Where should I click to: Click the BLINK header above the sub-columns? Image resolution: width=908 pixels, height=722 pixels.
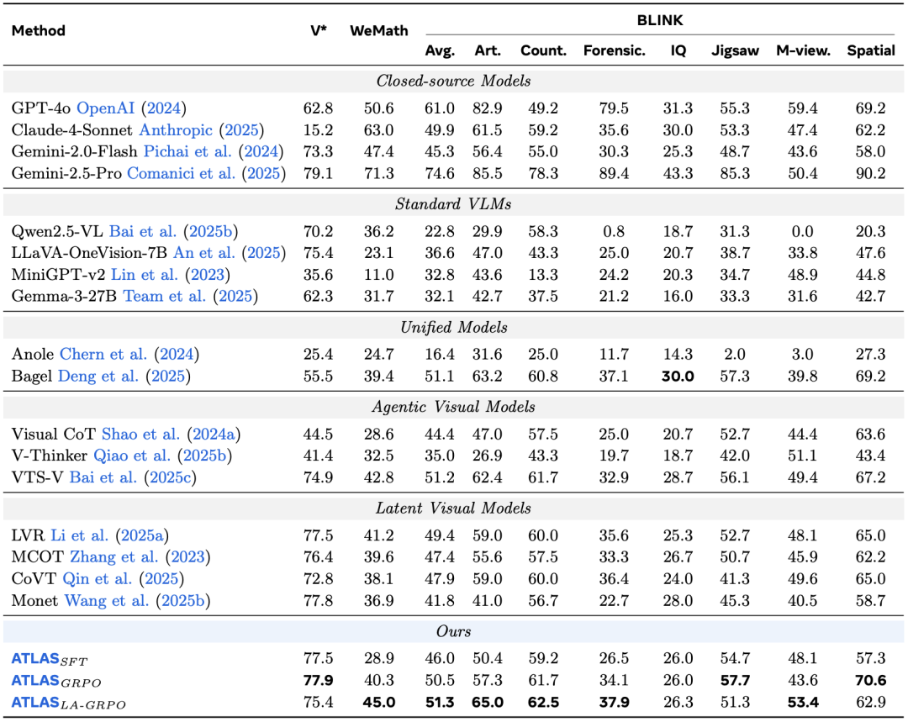coord(660,20)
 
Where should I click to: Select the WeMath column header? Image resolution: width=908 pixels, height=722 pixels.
coord(378,31)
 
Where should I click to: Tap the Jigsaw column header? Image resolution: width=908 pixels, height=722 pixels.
coord(735,51)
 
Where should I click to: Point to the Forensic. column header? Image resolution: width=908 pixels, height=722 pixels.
coord(614,51)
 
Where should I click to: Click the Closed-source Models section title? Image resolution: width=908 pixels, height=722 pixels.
coord(453,81)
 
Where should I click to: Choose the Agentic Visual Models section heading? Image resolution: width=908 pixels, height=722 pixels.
coord(453,407)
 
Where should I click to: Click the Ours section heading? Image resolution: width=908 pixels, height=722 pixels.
coord(453,631)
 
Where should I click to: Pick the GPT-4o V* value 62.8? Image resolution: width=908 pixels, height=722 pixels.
coord(318,108)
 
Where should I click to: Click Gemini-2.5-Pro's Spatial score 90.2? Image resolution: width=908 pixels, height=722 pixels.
coord(870,173)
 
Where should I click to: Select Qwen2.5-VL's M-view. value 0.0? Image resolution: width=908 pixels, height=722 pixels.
coord(802,232)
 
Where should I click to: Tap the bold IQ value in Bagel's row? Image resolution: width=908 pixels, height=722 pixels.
coord(678,377)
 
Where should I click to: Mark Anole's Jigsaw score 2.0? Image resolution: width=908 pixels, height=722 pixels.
coord(735,355)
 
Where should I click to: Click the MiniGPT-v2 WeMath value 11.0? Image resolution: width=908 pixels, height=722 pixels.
coord(378,275)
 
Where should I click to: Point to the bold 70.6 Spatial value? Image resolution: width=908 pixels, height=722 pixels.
coord(870,680)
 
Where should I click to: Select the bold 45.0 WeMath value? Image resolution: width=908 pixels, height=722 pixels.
coord(378,703)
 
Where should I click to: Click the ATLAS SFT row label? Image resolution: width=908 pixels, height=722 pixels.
coord(50,659)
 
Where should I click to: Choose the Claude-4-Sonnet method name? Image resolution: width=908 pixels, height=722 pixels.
coord(71,129)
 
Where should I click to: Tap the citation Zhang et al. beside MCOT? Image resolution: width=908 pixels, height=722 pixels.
coord(114,557)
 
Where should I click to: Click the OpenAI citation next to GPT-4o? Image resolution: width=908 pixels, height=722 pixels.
coord(105,108)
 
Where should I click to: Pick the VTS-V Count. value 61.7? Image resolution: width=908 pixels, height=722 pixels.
coord(542,477)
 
